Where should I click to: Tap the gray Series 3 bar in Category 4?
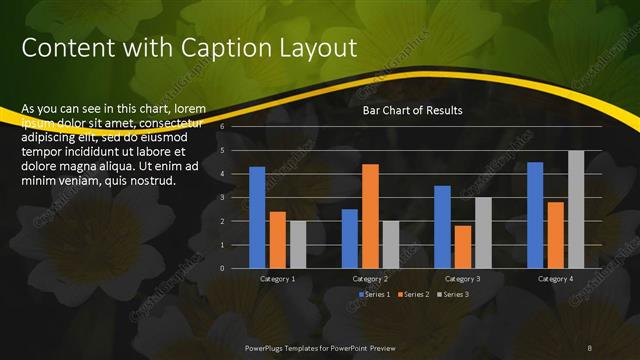(x=576, y=209)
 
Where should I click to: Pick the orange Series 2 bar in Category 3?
(x=462, y=247)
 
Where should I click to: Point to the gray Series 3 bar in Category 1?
(x=298, y=244)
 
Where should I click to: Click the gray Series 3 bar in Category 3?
(x=483, y=233)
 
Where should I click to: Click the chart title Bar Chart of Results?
(x=412, y=111)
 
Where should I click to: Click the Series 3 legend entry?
(x=455, y=294)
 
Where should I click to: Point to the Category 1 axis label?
(x=277, y=279)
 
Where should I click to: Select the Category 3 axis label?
(x=462, y=279)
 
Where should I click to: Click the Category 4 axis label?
(x=556, y=279)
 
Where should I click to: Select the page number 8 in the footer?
(x=590, y=347)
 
